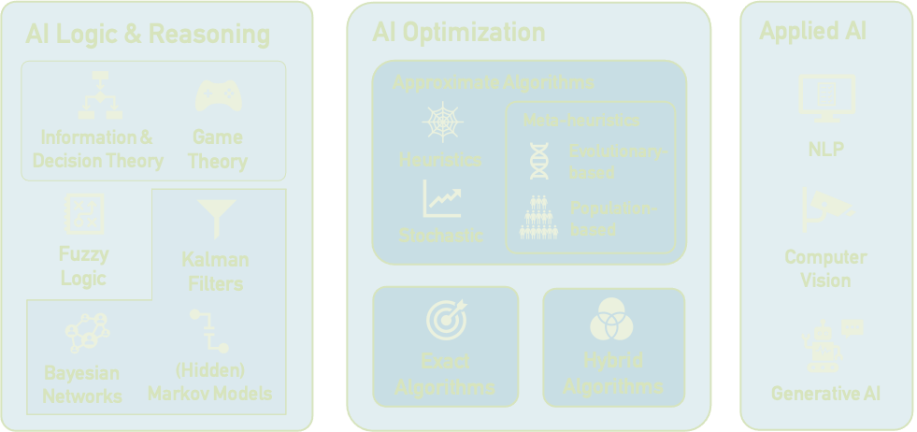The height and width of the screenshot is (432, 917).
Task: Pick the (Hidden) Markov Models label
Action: (209, 382)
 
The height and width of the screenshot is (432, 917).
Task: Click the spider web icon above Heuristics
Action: (440, 122)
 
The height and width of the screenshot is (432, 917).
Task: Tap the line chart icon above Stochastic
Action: (441, 199)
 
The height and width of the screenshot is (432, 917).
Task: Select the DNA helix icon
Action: (538, 161)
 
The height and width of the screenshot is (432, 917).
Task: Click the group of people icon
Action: (538, 217)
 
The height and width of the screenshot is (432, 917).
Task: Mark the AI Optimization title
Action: (458, 32)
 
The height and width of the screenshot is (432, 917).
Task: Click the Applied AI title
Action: (812, 31)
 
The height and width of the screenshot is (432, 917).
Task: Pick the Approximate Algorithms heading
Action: (493, 82)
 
